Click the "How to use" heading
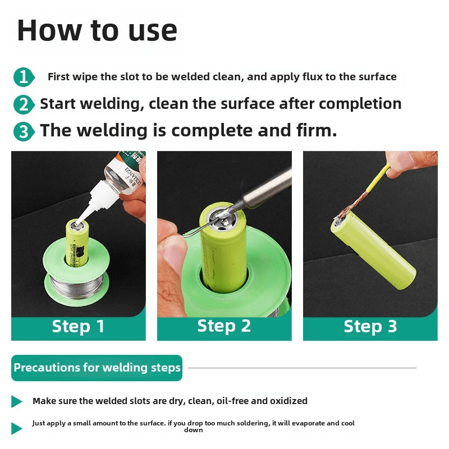tap(97, 30)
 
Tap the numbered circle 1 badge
tap(24, 77)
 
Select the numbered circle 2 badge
tap(24, 104)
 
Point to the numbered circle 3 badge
tap(24, 131)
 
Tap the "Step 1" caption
tap(78, 326)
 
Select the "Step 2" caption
tap(224, 326)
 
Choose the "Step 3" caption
tap(370, 326)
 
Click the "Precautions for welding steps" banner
tap(97, 368)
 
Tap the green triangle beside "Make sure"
tap(17, 401)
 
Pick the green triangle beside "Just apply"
tap(17, 428)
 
